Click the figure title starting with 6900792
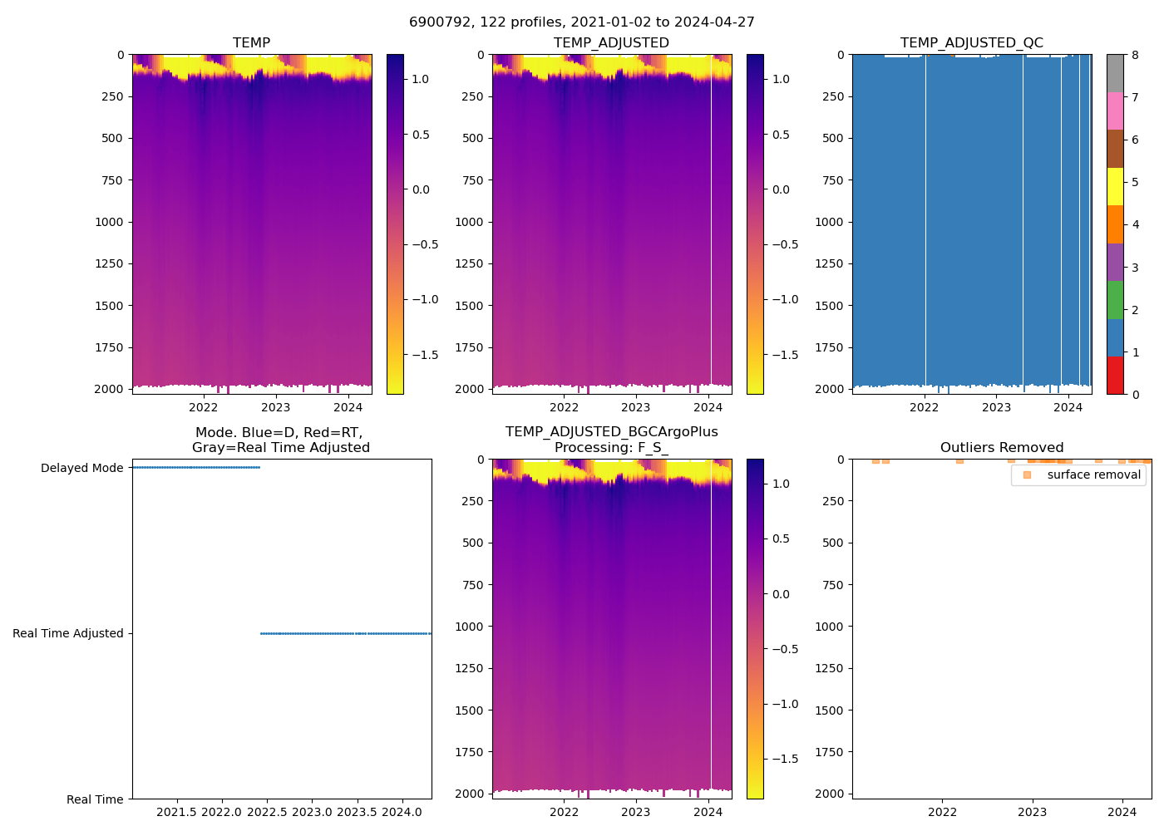582,22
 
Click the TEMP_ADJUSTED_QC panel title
971,43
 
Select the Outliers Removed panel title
1001,448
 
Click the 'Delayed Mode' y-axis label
81,469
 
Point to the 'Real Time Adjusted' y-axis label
67,634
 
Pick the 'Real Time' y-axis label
95,799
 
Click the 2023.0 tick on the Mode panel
312,812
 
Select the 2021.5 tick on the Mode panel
176,812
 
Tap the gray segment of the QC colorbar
1115,73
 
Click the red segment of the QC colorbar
1115,376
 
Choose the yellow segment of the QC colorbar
1115,187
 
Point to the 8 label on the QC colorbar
1135,56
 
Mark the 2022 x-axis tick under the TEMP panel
204,407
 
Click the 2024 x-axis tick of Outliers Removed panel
1122,812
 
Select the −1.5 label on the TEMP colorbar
425,355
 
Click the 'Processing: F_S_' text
611,448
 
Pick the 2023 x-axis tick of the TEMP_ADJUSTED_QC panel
996,407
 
